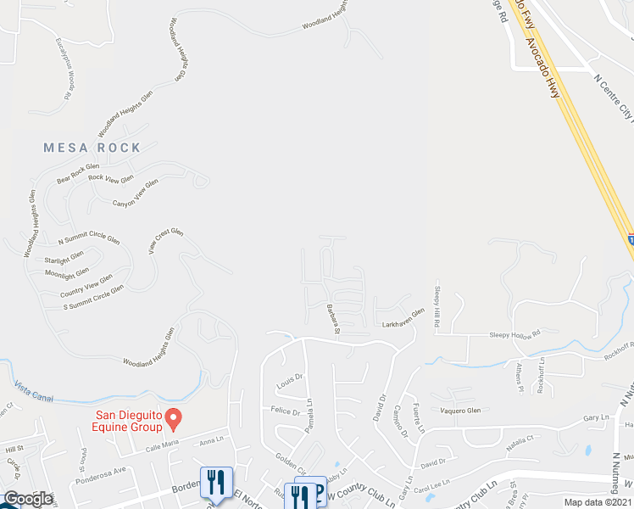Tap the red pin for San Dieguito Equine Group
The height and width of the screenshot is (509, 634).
pyautogui.click(x=174, y=417)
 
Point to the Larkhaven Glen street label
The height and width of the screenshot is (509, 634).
pyautogui.click(x=403, y=323)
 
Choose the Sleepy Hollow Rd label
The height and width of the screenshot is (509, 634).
pyautogui.click(x=514, y=335)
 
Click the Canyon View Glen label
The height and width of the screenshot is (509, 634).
pyautogui.click(x=136, y=193)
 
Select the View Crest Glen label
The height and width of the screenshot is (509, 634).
pyautogui.click(x=166, y=242)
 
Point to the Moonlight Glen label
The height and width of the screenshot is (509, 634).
pyautogui.click(x=67, y=272)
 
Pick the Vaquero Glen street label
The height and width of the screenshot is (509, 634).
pyautogui.click(x=460, y=411)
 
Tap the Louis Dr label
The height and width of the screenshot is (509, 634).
pyautogui.click(x=290, y=384)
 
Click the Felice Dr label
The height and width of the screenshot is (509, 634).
pyautogui.click(x=286, y=411)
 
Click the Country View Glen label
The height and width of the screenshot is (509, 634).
pyautogui.click(x=86, y=285)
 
